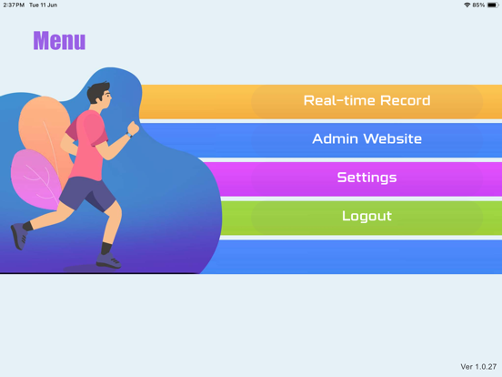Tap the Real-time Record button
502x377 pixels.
tap(366, 101)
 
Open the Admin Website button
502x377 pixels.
tap(366, 139)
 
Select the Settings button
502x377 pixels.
tap(366, 178)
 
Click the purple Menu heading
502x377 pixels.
tap(59, 41)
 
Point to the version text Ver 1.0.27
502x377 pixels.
tap(478, 366)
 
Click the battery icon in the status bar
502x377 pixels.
tap(493, 5)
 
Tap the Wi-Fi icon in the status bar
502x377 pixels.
tap(467, 5)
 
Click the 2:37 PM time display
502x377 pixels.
tap(14, 5)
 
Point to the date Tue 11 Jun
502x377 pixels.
tap(44, 5)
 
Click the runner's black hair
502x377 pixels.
tap(96, 91)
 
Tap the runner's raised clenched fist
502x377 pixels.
tap(133, 127)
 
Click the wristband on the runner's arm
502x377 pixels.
tap(129, 135)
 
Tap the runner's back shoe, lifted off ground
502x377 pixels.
tap(18, 237)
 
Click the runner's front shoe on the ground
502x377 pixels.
tap(108, 260)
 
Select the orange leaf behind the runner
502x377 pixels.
tap(44, 128)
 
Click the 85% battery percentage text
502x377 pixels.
tap(478, 5)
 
